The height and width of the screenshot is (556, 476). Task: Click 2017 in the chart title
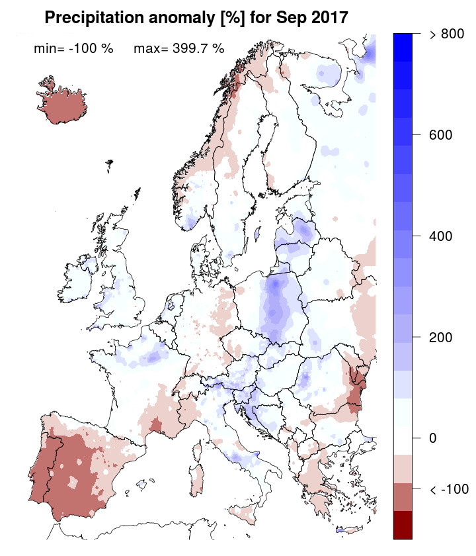coord(326,18)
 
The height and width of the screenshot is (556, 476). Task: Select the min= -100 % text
coord(73,48)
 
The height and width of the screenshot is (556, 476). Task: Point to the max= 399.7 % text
coord(178,48)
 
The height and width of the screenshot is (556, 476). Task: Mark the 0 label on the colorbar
coord(433,438)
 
